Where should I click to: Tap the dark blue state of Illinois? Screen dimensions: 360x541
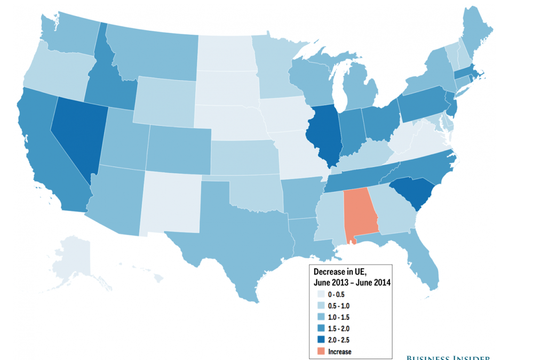[x=324, y=133]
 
